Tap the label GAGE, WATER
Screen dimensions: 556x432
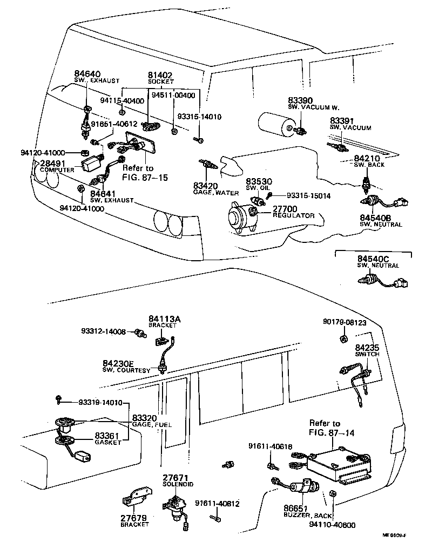pos(215,193)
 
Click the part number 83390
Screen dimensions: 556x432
pos(300,100)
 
